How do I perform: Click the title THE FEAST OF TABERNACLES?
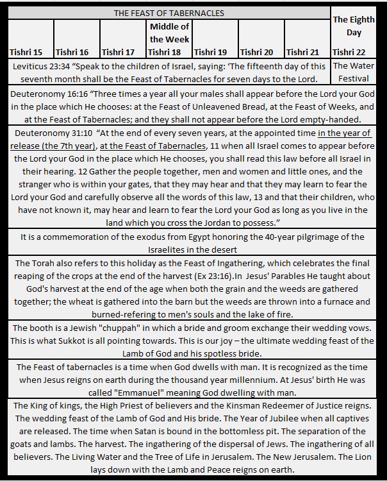169,13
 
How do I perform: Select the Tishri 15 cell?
28,52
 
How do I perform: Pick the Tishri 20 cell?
258,52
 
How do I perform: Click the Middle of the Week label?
169,33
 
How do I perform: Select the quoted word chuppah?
127,328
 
